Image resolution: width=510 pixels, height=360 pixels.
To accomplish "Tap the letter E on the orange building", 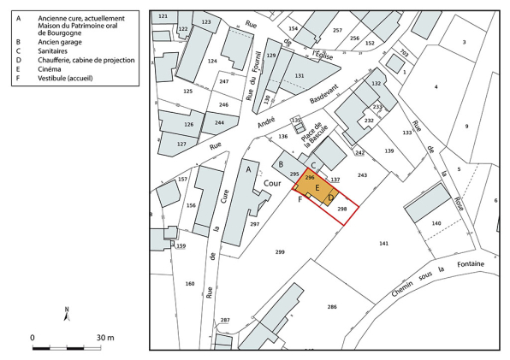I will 317,187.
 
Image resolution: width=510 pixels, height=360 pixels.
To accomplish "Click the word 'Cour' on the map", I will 273,183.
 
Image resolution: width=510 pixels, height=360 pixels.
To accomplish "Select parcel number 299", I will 280,251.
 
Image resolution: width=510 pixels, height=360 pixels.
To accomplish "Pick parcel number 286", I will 331,306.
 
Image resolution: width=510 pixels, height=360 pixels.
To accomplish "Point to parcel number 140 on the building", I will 436,222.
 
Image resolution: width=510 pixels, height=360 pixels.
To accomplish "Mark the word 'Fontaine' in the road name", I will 470,263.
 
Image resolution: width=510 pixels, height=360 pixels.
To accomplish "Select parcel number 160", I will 189,284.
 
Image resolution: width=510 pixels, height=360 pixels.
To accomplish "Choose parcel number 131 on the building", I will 299,75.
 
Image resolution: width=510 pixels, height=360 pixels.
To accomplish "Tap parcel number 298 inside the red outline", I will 342,209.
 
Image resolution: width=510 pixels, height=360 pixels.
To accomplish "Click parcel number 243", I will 362,174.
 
